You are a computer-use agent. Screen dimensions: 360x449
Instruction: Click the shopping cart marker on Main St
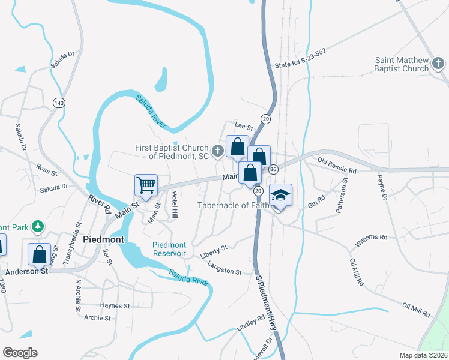(146, 185)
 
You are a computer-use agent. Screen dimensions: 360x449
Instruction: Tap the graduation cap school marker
(280, 196)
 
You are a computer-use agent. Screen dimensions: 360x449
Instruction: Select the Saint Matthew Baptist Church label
(402, 64)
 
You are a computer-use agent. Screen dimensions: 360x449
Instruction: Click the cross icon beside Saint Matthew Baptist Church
(438, 62)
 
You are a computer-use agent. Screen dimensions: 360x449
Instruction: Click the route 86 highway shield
(273, 170)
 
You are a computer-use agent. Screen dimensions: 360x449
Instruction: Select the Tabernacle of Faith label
(235, 205)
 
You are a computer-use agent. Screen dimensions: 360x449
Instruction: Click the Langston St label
(224, 268)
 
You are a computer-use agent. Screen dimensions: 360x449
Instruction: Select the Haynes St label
(115, 305)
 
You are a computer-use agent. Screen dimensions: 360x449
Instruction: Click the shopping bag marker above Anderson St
(39, 253)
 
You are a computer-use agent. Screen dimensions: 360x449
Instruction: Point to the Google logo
(20, 353)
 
